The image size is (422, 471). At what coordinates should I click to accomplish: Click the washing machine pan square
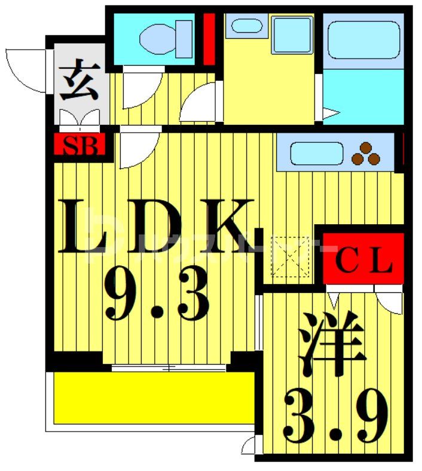click(291, 35)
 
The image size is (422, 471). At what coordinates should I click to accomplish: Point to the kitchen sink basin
click(316, 154)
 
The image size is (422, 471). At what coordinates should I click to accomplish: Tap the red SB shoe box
click(80, 145)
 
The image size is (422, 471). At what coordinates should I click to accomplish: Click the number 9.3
click(157, 294)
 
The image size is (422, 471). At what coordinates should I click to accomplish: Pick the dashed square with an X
click(290, 256)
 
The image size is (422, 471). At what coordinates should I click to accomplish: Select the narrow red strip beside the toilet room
click(209, 39)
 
